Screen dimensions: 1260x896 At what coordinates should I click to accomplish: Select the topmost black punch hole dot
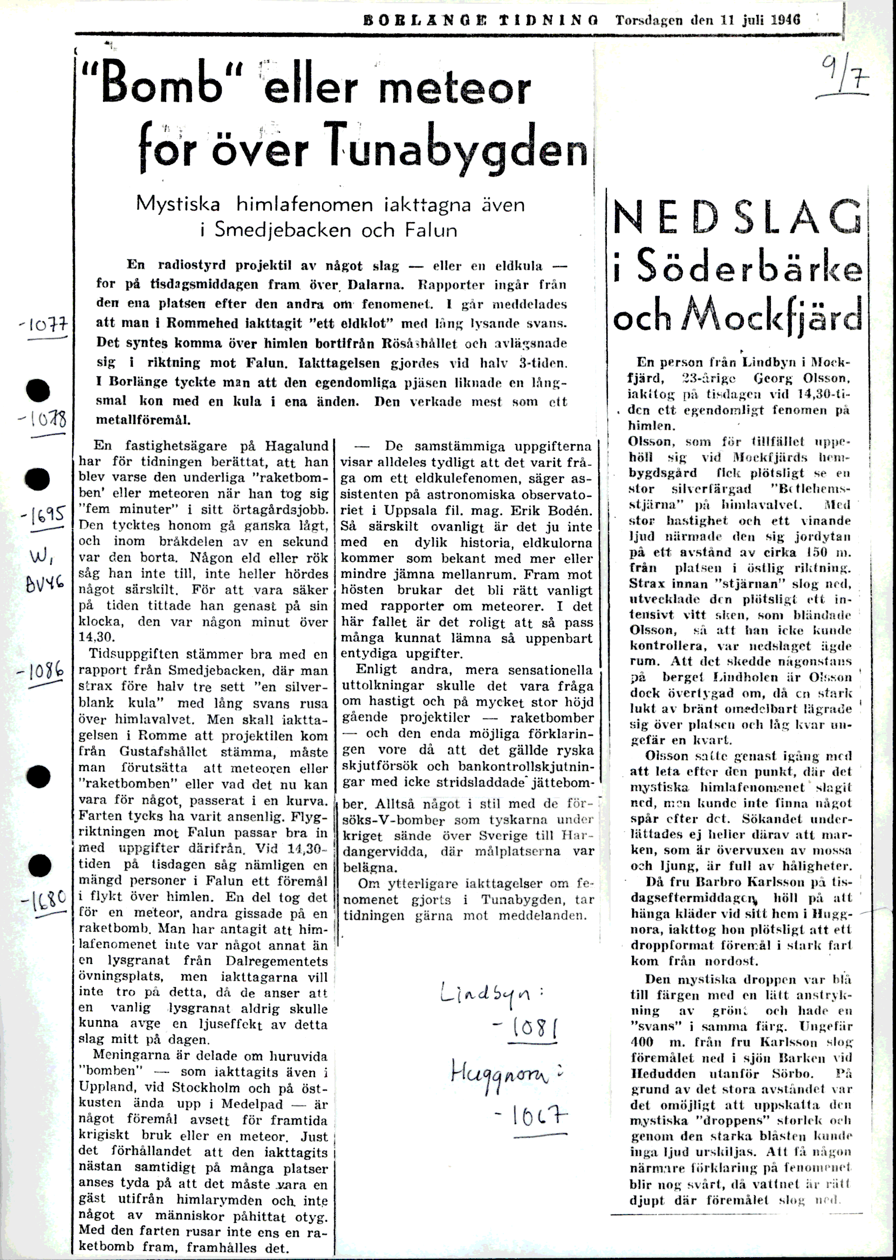pos(38,390)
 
